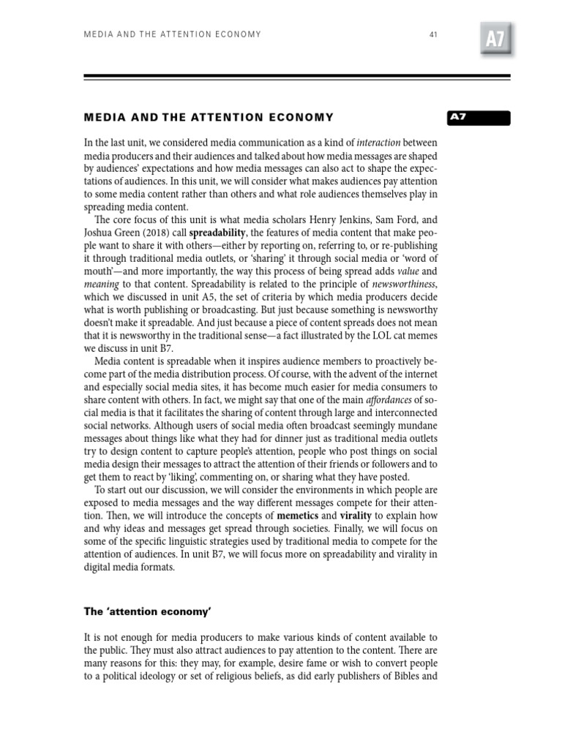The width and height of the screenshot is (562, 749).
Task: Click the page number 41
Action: point(433,34)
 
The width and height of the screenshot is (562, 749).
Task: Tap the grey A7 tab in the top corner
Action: point(495,39)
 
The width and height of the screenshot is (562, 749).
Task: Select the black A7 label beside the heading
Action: point(479,117)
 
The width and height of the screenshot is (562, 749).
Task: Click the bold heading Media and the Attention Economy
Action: point(209,117)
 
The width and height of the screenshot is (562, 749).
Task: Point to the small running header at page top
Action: point(172,34)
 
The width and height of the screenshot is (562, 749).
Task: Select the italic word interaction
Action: point(378,142)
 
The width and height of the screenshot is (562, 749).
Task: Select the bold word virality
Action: point(356,516)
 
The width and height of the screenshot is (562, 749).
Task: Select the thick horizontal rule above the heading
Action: point(296,76)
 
